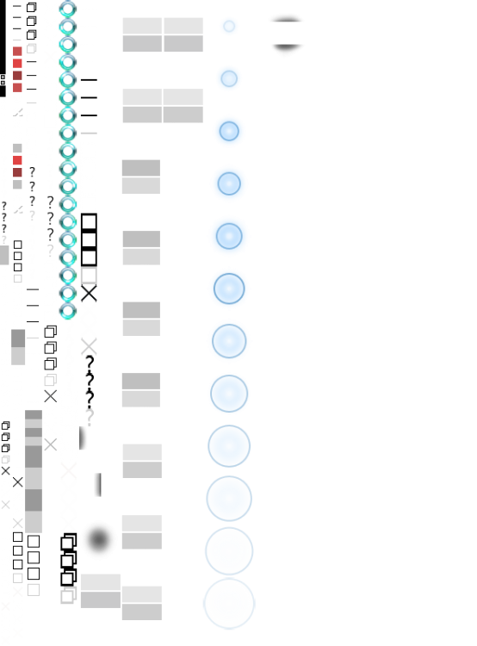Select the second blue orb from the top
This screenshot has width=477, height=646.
(229, 78)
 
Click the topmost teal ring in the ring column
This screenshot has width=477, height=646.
(68, 9)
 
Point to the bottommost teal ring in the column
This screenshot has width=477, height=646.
(68, 310)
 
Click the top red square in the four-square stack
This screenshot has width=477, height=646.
(17, 52)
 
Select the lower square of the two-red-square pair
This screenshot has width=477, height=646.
(17, 172)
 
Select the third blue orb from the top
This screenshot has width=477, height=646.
(229, 131)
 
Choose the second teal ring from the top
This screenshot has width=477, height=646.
(68, 27)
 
